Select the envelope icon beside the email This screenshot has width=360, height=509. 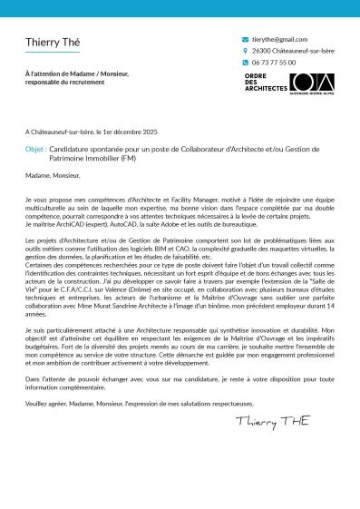(245, 40)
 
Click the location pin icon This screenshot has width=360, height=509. (245, 52)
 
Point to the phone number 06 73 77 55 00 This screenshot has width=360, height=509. (274, 63)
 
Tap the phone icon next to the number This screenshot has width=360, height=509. (245, 63)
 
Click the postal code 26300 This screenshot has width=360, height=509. (262, 52)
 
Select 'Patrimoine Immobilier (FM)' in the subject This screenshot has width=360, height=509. (92, 157)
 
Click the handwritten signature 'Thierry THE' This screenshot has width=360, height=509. (271, 422)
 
